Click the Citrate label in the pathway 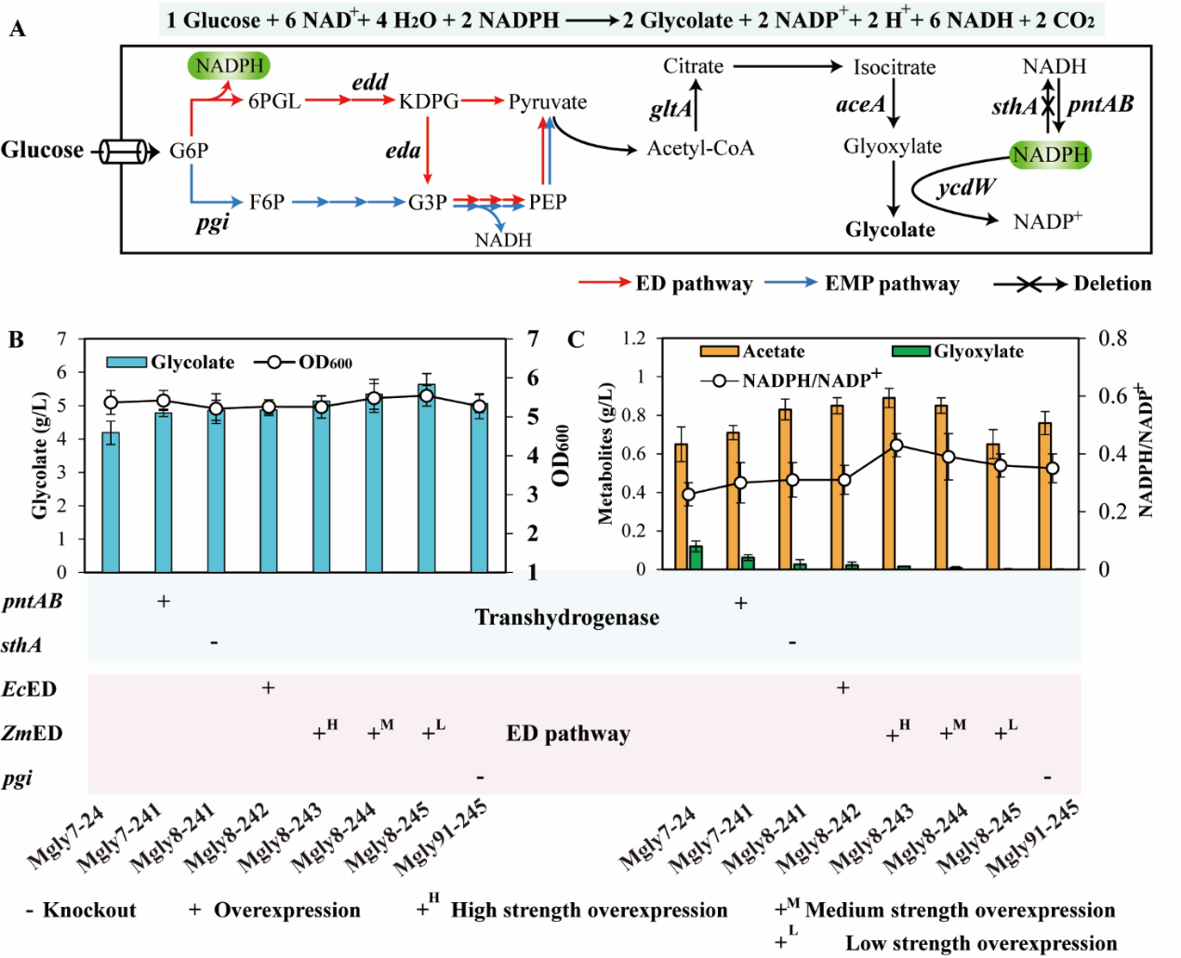[x=693, y=66]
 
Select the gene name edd [x=369, y=82]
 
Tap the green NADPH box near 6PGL [x=230, y=66]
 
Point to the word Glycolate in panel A [x=890, y=230]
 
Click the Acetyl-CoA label [x=700, y=148]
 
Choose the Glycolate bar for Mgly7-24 [x=111, y=502]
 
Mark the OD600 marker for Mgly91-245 [x=479, y=406]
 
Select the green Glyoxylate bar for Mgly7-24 [x=696, y=556]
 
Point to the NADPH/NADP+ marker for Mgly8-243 [x=896, y=446]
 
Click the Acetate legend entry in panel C [x=753, y=352]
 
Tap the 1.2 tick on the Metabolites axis [x=633, y=338]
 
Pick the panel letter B [x=16, y=339]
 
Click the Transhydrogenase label [x=566, y=618]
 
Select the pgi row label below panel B [x=17, y=778]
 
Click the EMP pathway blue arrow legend [x=861, y=284]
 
